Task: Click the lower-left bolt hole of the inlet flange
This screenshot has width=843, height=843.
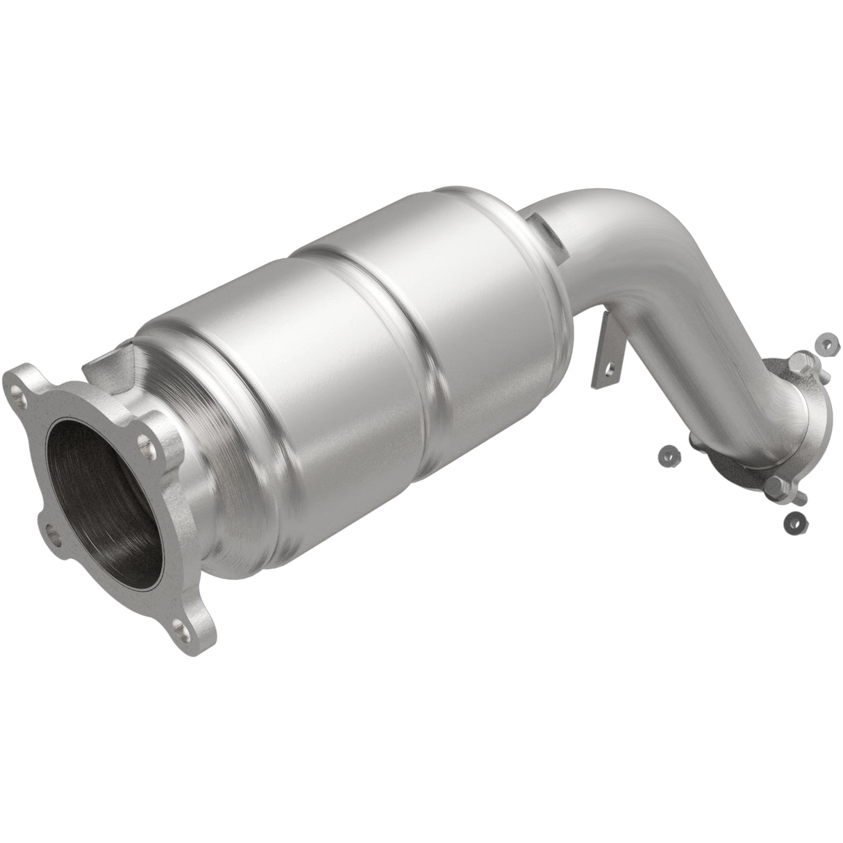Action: [x=53, y=531]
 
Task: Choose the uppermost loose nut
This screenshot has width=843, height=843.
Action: [x=824, y=342]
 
